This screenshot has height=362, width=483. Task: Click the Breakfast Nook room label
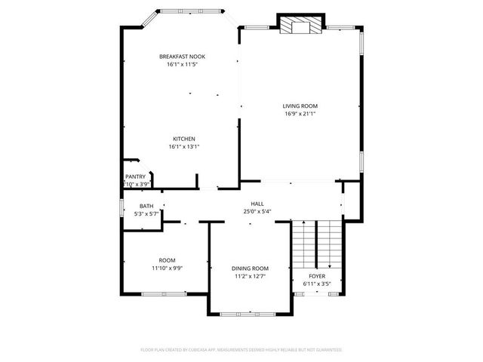coord(181,57)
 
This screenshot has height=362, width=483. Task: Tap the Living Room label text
coord(300,106)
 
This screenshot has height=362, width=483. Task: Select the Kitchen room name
coord(184,139)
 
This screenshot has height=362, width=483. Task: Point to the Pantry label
coord(135,176)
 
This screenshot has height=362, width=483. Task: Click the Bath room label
coord(146,206)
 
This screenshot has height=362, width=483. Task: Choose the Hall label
coord(257,204)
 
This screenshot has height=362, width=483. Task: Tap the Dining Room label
coord(249,268)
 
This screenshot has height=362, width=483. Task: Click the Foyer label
coord(316,276)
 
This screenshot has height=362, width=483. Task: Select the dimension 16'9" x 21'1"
coord(300,114)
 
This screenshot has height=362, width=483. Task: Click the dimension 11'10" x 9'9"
coord(167,268)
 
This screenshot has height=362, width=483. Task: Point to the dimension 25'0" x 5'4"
coord(257,212)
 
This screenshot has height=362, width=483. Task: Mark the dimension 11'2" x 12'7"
coord(249,276)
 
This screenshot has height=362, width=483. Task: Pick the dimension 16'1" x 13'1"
coord(184,147)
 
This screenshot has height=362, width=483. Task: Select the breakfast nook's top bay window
coord(190,11)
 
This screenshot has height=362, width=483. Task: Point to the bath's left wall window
coord(123,207)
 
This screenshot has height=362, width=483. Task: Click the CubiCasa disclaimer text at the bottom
coord(241,350)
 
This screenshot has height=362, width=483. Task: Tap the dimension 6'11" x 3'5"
coord(316,284)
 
